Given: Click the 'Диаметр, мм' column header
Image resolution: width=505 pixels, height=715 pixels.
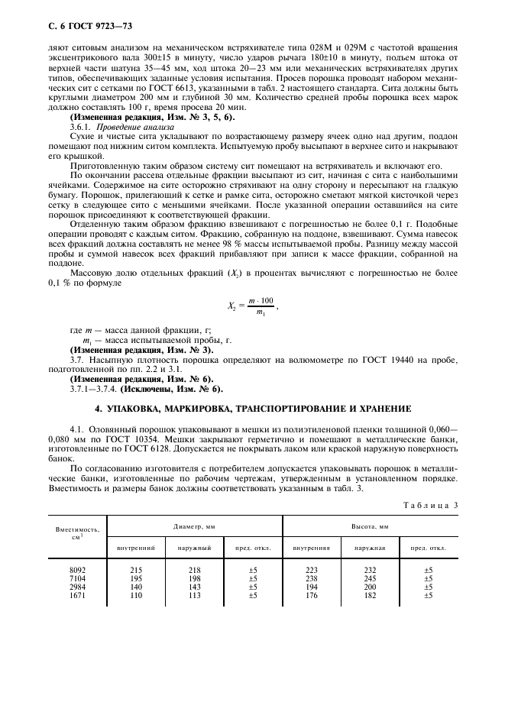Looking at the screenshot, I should click(195, 526).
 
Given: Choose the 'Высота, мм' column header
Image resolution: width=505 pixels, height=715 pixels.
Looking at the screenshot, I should click(370, 526).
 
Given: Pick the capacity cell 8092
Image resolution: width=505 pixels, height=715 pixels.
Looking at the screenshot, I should click(79, 570).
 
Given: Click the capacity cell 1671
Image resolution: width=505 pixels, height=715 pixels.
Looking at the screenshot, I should click(79, 595).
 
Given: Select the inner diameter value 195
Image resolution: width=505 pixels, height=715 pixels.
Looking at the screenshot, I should click(135, 578).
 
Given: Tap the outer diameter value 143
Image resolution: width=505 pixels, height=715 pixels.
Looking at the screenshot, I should click(194, 587).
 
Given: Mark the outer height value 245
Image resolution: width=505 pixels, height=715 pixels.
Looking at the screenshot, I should click(370, 578).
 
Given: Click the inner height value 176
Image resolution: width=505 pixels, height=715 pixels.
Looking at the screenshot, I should click(311, 595).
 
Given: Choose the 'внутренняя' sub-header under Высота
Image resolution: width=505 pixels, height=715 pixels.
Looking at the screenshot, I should click(311, 548).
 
